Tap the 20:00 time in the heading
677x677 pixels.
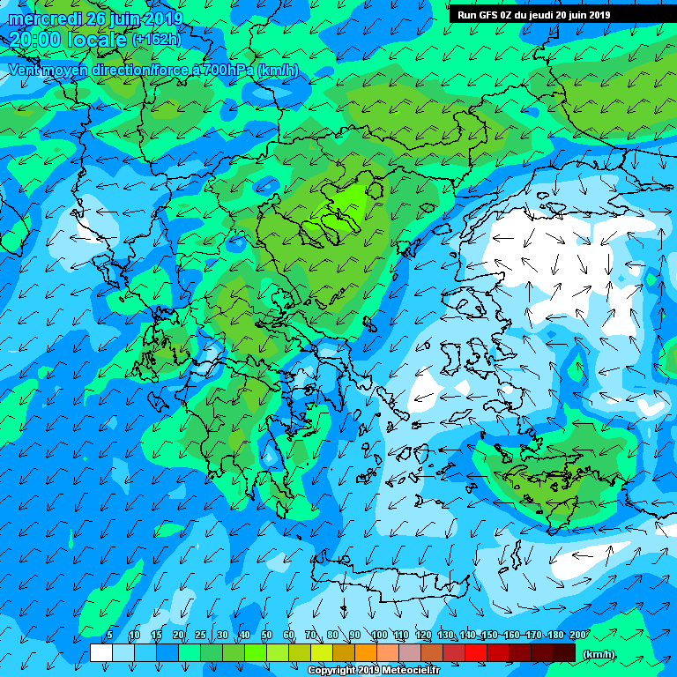point(34,40)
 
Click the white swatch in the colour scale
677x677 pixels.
point(101,652)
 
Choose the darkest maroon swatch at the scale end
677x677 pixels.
point(564,652)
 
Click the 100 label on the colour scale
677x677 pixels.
point(379,636)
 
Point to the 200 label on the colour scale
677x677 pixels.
point(578,636)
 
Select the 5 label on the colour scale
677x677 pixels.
point(109,636)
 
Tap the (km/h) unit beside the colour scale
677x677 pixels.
point(599,654)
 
